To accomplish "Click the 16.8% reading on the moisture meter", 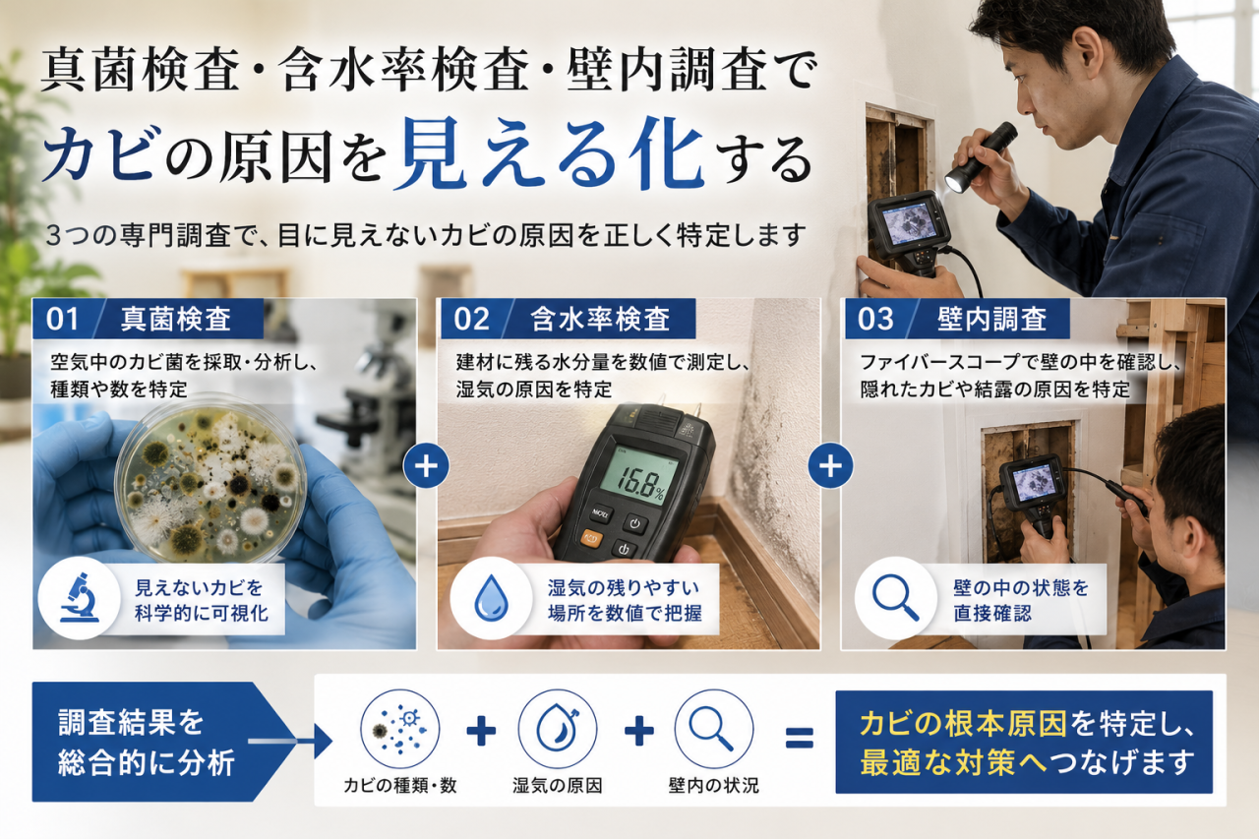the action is tap(640, 481).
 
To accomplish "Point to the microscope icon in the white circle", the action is tap(80, 597).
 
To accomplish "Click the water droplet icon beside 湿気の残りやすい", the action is tap(491, 598).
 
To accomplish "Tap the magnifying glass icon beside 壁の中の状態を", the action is tap(895, 598).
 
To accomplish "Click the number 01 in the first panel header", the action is tap(62, 319).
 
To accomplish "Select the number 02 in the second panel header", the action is tap(471, 319).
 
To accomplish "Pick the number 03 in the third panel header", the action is tap(875, 319).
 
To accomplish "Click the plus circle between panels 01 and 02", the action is tap(426, 466).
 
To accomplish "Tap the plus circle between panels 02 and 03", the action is tap(830, 466).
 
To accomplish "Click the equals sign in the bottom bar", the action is tap(800, 738).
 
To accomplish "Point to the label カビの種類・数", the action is tap(399, 785).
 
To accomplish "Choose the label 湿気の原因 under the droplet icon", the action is tap(557, 785).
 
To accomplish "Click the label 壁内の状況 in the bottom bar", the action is tap(713, 785).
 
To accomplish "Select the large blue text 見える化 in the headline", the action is tap(549, 151).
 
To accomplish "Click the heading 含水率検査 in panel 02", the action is tap(600, 319).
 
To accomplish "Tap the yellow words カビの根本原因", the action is tap(963, 724).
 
